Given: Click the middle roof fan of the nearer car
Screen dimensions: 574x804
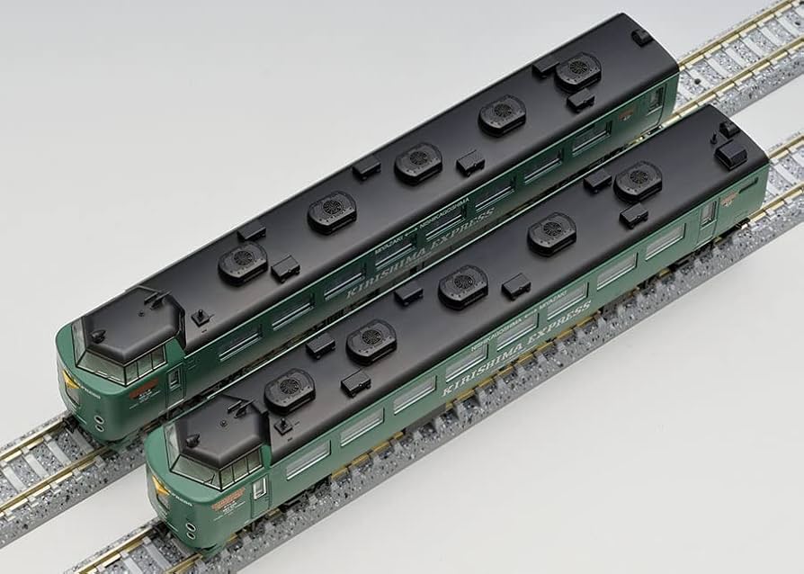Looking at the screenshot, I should [x=463, y=286].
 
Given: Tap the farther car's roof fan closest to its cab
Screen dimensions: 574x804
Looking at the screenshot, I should [x=243, y=264].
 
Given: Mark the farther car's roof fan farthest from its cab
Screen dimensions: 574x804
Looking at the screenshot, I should [x=577, y=73].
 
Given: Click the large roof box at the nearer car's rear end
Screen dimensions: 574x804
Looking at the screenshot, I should [x=730, y=154].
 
